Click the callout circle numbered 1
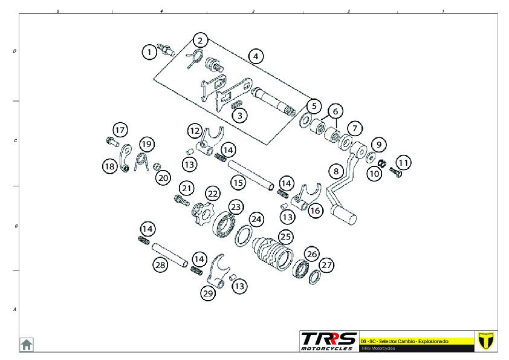point(149,52)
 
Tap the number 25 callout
point(285,237)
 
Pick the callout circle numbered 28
point(160,264)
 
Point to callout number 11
point(403,162)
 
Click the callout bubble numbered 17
point(120,130)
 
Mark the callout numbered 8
point(336,171)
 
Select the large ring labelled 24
point(243,235)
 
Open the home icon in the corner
point(27,344)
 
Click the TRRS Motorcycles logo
point(329,341)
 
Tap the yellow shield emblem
point(485,341)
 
